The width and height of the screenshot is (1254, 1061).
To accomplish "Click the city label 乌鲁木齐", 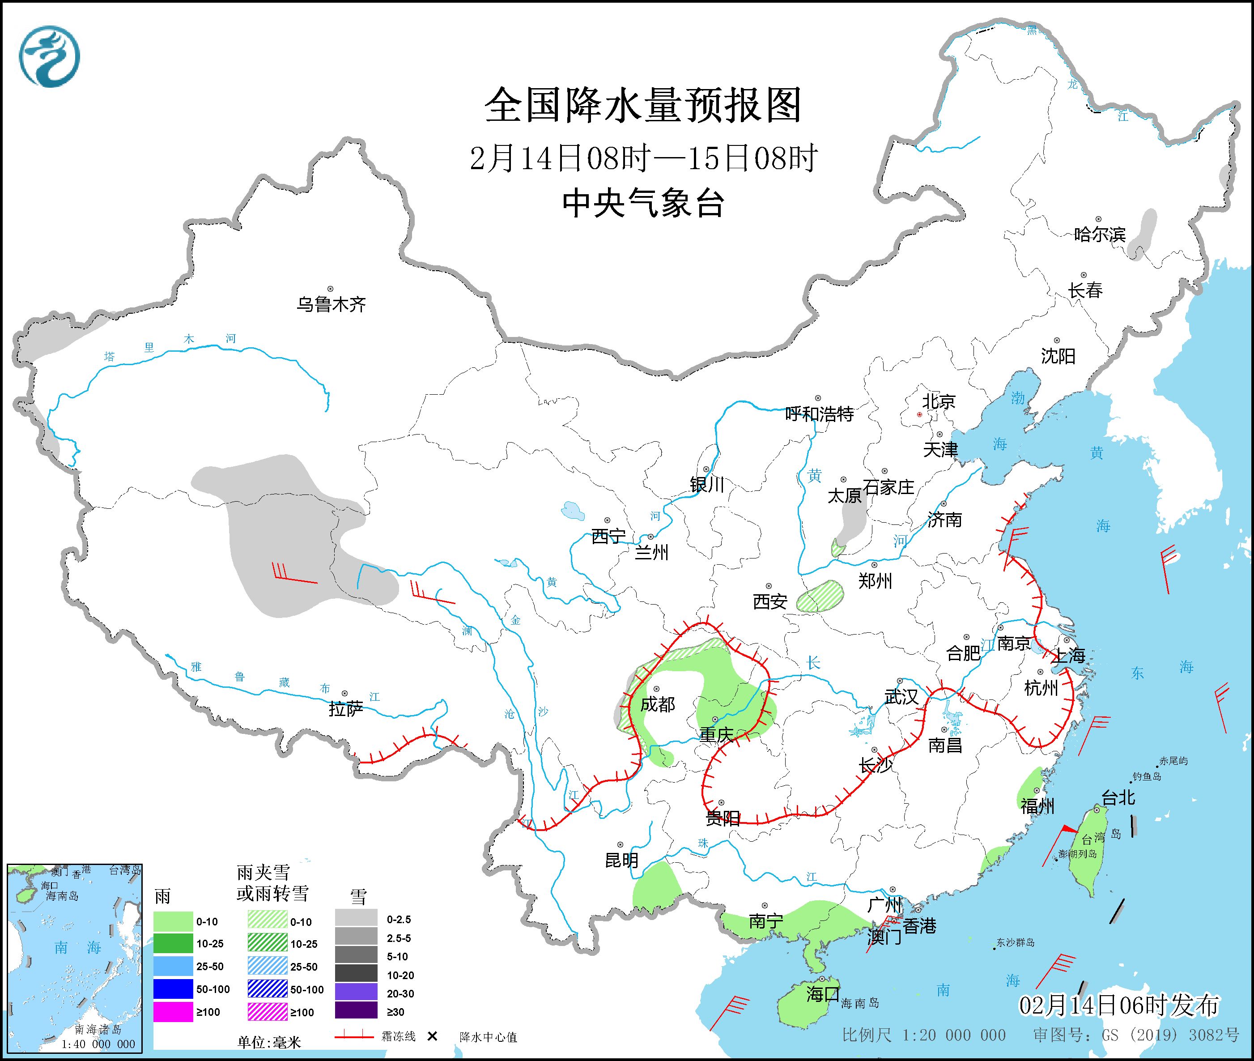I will [x=331, y=304].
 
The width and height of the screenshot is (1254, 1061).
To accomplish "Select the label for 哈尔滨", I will [x=1099, y=234].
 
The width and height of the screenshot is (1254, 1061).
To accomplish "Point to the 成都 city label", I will [x=657, y=704].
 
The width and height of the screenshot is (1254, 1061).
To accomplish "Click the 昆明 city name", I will [x=621, y=860].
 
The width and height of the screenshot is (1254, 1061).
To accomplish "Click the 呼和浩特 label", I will [x=819, y=414].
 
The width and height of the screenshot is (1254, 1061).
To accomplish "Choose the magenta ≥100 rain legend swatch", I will [x=173, y=1012].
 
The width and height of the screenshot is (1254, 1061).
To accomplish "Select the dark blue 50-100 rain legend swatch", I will [x=173, y=989].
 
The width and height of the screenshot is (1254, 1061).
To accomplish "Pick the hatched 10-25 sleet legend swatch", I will [x=268, y=944].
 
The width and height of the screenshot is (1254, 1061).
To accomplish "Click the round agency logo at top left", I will [x=49, y=56].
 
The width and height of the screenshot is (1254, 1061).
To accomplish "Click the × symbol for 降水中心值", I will [x=432, y=1036].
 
